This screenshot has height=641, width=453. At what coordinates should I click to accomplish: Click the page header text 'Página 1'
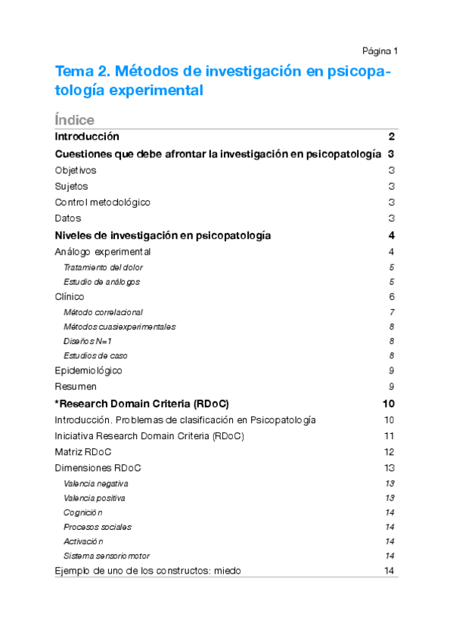coord(380,51)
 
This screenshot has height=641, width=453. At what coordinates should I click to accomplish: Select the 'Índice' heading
coord(75,120)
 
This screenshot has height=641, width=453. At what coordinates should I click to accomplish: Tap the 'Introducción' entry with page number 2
coord(87,137)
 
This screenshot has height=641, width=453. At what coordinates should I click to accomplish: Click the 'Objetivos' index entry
coord(76,170)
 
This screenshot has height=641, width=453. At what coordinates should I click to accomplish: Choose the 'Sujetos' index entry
coord(71,186)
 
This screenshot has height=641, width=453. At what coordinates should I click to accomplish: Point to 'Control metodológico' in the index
coord(103,202)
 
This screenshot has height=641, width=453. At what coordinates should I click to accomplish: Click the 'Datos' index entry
coord(68,218)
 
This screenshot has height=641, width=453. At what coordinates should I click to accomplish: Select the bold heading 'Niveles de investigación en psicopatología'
coord(163,235)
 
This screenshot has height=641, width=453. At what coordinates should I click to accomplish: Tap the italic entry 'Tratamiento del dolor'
coord(103,267)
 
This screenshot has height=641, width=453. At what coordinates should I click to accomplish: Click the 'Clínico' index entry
coord(70,296)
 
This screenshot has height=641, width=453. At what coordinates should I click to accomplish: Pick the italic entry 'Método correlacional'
coord(103,311)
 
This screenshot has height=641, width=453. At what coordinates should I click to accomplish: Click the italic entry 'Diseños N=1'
coord(88,341)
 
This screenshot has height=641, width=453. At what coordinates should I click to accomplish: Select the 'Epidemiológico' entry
coord(88,370)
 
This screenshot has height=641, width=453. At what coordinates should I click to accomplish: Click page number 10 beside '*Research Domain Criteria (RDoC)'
coord(389,403)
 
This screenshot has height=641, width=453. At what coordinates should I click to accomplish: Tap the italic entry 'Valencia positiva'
coord(95,498)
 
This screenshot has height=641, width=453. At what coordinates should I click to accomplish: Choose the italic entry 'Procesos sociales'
coord(98,527)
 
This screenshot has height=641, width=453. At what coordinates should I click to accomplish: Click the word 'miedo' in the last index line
coord(226,571)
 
